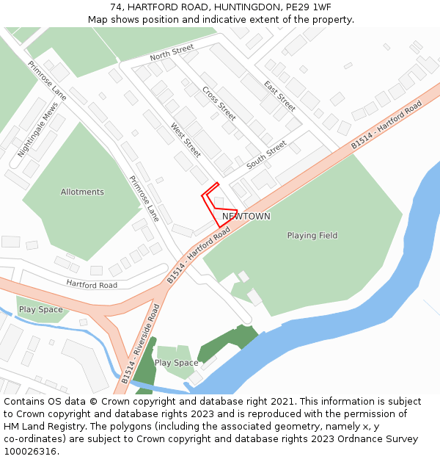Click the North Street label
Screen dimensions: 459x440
[x=172, y=52]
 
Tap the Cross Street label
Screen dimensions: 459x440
[x=219, y=104]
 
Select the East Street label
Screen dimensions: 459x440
[x=279, y=95]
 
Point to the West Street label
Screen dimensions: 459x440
[x=186, y=140]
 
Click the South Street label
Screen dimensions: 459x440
[x=266, y=155]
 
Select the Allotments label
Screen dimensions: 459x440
[x=82, y=192]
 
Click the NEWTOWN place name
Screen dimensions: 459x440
[x=246, y=217]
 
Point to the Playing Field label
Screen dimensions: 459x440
[x=312, y=236]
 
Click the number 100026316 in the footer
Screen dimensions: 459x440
[x=30, y=452]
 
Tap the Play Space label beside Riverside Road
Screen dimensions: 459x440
[x=176, y=363]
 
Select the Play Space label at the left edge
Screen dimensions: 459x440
[x=41, y=310]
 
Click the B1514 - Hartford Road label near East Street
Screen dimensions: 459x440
[x=386, y=126]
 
